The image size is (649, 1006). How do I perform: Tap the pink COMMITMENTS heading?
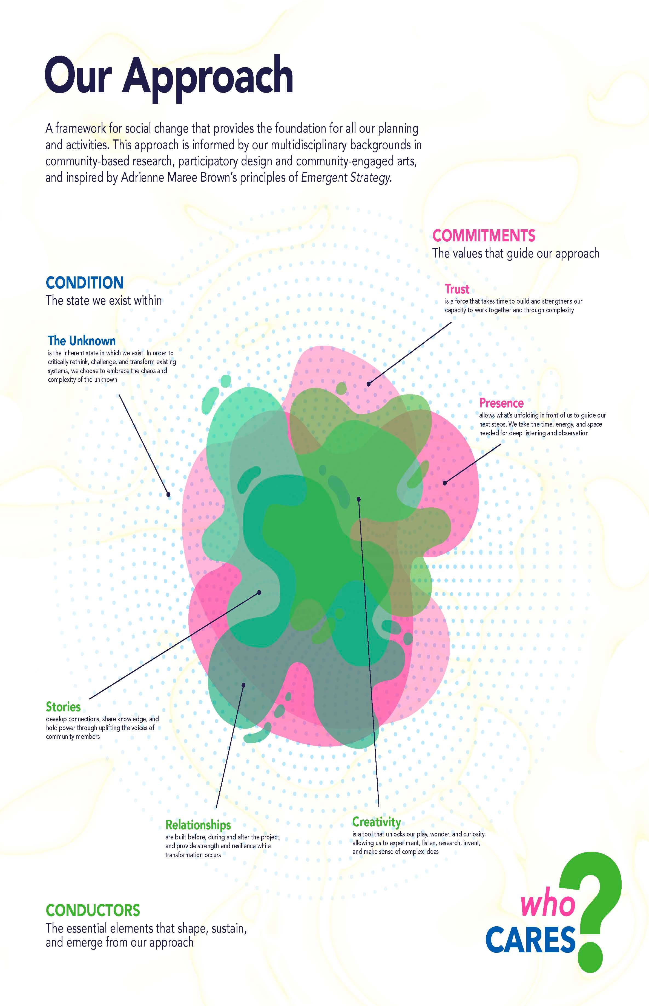click(x=484, y=236)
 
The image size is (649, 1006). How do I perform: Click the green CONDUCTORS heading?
click(x=93, y=910)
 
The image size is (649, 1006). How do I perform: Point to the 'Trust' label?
click(x=457, y=289)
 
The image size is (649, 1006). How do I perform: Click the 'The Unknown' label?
click(x=81, y=340)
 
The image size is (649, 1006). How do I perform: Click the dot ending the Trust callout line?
click(x=368, y=384)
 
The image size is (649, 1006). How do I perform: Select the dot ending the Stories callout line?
click(x=259, y=592)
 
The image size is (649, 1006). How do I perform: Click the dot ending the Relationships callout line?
click(x=243, y=685)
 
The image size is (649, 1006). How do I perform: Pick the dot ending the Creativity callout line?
click(x=359, y=499)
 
